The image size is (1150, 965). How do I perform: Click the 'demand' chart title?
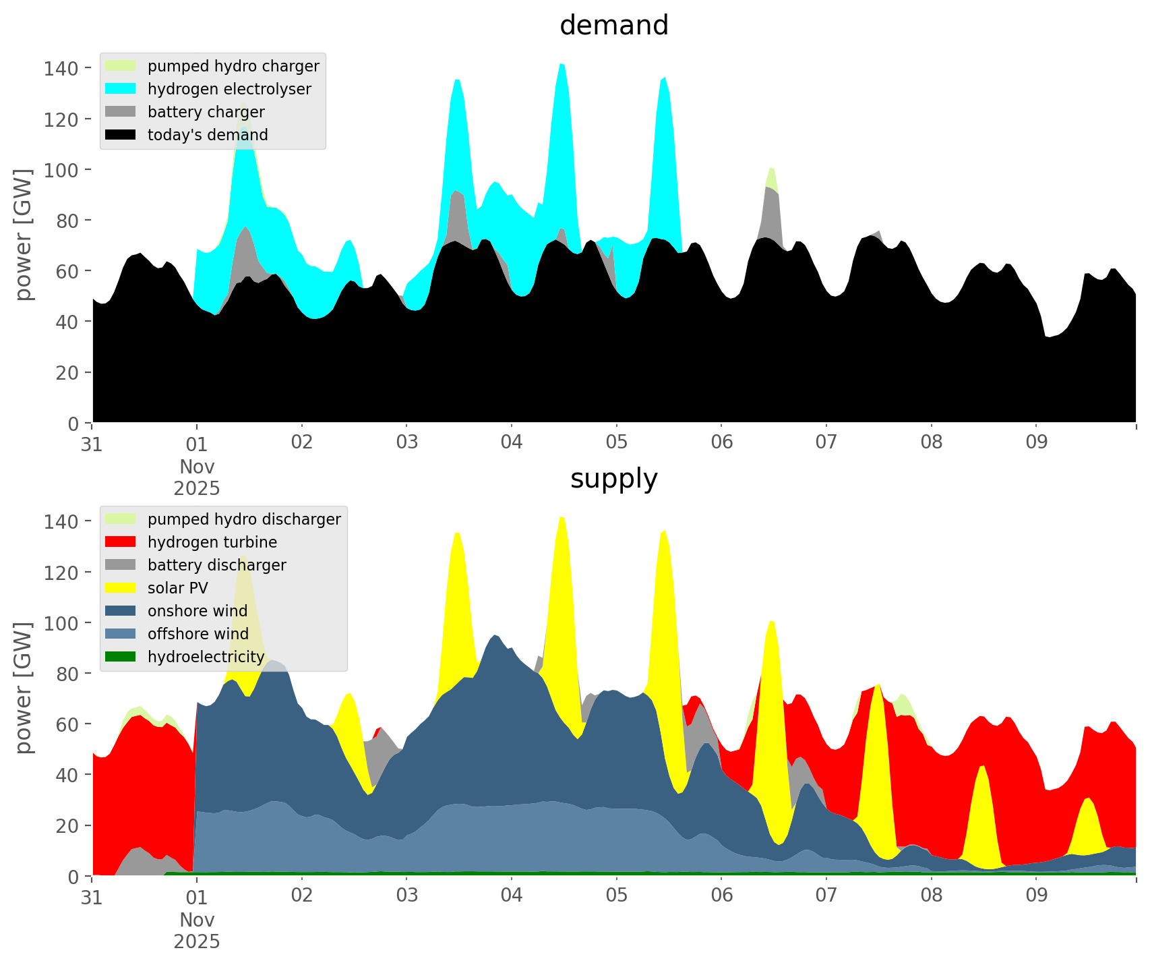pos(613,26)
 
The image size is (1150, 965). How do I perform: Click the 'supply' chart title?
pos(613,479)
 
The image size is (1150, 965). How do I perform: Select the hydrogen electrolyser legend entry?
pos(229,89)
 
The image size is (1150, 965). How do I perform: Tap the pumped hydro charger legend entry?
pos(233,66)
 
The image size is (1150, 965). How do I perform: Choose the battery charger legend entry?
pos(206,112)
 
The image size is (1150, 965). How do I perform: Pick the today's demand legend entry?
pos(208,135)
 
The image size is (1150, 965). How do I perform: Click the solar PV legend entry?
pos(178,588)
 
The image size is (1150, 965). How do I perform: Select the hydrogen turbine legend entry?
pos(212,542)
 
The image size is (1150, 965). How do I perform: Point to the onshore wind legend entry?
pos(198,611)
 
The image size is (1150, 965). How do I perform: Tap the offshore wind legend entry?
pos(198,634)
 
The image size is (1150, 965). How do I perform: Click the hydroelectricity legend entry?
pos(206,657)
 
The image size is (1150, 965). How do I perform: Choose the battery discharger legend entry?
pos(216,565)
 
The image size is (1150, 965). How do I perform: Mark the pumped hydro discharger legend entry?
pos(244,519)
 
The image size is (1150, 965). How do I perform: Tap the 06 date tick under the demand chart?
pos(721,443)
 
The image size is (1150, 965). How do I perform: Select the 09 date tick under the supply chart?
pos(1036,896)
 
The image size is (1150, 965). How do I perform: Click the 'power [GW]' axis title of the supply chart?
pos(24,688)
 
